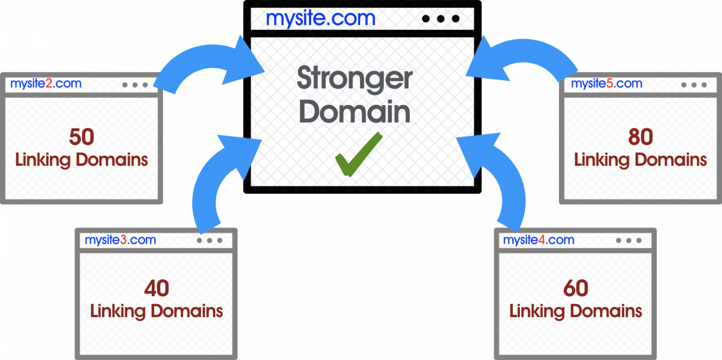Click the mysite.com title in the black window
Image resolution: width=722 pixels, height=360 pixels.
[x=321, y=19]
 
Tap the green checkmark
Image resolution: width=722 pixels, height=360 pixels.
[x=359, y=155]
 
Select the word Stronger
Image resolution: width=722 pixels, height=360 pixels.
[x=354, y=79]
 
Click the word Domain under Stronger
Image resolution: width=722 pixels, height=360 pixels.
[x=354, y=111]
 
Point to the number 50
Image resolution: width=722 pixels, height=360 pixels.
[x=81, y=137]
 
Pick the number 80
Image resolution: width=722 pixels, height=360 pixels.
[x=641, y=137]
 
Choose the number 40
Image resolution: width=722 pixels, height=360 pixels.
[x=157, y=288]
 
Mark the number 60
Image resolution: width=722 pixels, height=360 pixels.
[x=576, y=288]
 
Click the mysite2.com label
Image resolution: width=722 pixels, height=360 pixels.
[x=46, y=84]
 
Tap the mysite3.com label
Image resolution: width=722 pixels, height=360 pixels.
[x=120, y=240]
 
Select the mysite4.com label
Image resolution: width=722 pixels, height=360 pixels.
[x=539, y=240]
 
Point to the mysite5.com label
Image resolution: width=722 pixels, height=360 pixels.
[x=607, y=84]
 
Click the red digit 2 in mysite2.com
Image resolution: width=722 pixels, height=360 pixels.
[x=49, y=84]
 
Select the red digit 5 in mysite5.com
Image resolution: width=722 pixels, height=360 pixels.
[x=610, y=84]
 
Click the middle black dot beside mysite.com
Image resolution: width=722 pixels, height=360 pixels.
[x=440, y=19]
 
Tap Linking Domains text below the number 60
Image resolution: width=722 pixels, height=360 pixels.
[x=576, y=312]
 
